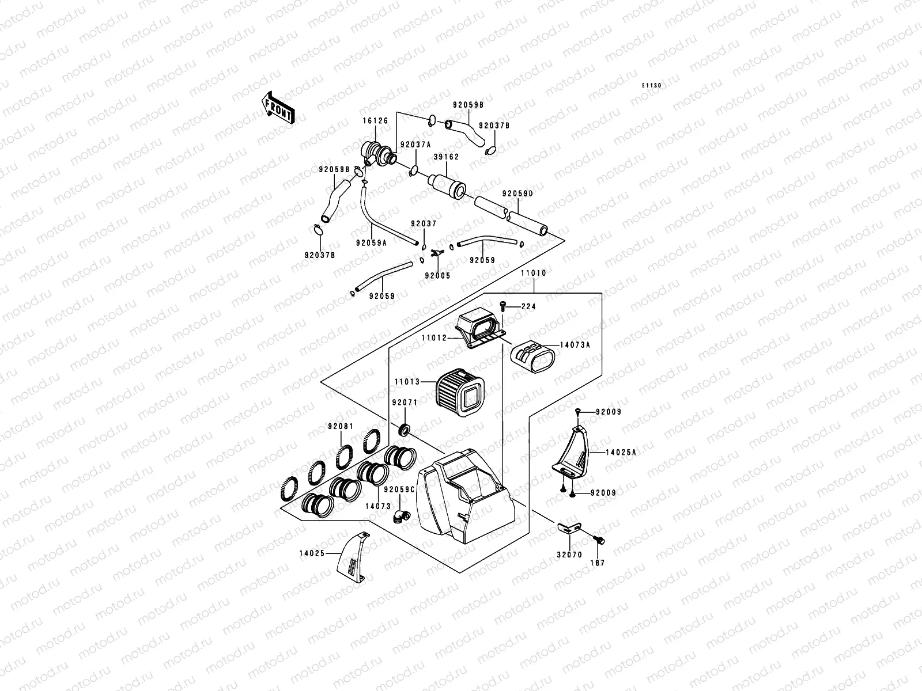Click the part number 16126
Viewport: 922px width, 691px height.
point(375,122)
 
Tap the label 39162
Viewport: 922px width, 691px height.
point(446,157)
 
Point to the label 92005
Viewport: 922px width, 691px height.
point(437,276)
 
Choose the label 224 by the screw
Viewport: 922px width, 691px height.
point(528,307)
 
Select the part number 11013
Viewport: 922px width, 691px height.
point(407,381)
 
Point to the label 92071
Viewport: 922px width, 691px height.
point(404,403)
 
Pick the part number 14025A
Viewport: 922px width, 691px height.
point(621,453)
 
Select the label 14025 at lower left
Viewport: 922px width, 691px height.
point(312,553)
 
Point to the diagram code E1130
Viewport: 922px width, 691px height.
point(652,85)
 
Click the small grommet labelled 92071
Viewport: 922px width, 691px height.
point(405,429)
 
